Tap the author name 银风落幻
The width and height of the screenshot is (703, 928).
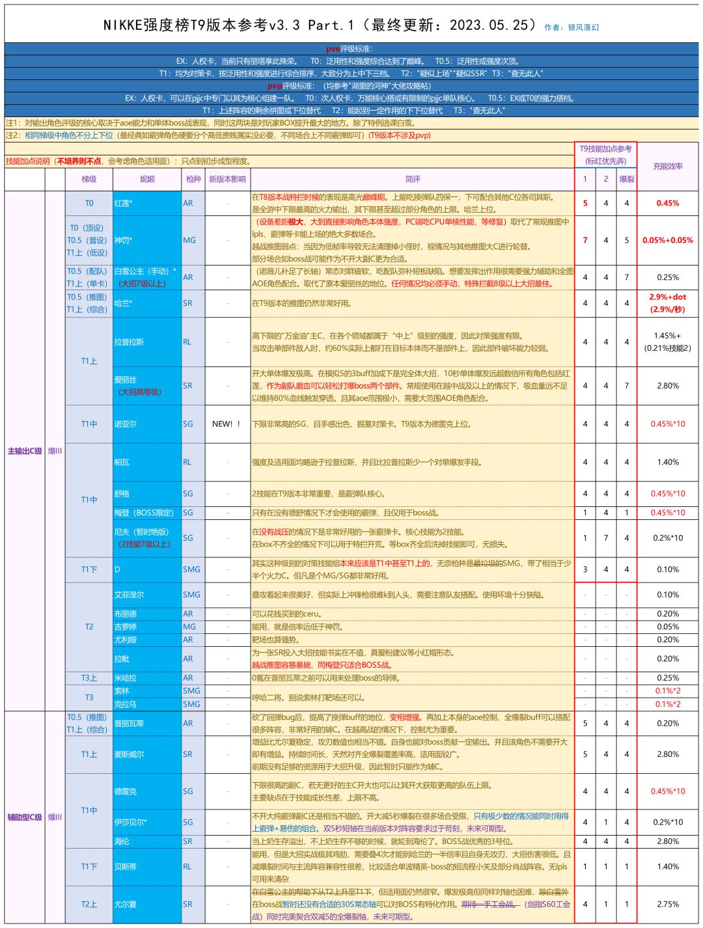point(583,27)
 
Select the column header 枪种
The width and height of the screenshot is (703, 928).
point(193,179)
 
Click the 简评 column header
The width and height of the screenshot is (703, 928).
point(413,179)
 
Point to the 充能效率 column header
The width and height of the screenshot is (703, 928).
point(667,167)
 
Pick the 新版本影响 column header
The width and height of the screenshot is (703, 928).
point(227,179)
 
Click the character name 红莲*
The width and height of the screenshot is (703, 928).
point(124,203)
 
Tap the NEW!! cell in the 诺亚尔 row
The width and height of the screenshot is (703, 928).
point(227,424)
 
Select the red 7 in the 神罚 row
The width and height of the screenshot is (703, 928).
point(585,240)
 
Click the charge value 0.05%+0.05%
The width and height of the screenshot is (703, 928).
point(667,240)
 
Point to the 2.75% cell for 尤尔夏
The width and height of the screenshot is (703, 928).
point(667,904)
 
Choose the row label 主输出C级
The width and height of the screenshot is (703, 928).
point(25,450)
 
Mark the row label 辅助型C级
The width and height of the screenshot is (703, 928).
point(25,817)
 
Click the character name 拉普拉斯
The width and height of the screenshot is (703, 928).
point(129,342)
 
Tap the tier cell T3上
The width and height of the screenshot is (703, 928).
point(89,678)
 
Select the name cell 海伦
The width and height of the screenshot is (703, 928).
point(122,841)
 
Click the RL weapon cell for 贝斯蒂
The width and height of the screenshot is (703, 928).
point(187,866)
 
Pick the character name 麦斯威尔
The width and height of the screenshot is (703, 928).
point(129,754)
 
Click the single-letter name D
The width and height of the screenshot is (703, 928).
point(117,569)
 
